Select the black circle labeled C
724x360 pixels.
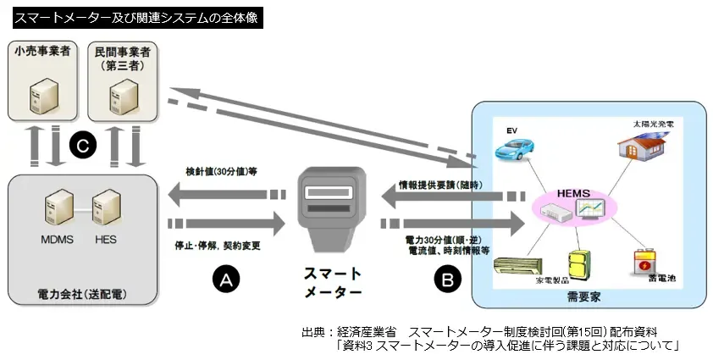tap(82, 146)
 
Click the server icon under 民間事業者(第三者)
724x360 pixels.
tap(124, 93)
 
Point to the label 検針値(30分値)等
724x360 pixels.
tap(221, 171)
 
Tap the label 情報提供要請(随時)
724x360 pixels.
tap(440, 185)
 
